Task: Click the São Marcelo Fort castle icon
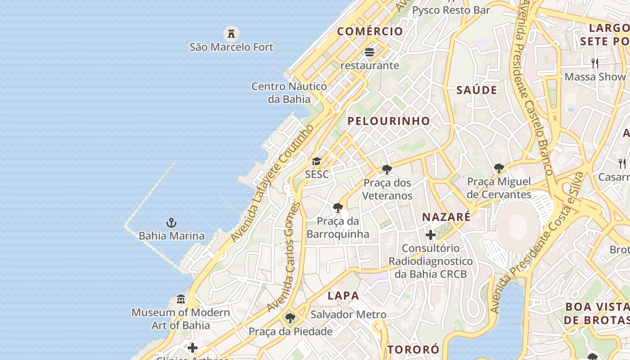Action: point(231,33)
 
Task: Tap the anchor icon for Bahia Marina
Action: point(171,222)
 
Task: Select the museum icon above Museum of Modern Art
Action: point(181,299)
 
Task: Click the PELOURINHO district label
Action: point(389,121)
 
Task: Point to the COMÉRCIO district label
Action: point(370,31)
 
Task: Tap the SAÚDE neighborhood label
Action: point(477,90)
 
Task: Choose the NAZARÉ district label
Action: point(446,217)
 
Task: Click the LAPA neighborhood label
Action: point(343,296)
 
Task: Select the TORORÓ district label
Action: point(413,350)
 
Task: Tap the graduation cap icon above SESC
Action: point(317,161)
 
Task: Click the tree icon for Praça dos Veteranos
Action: point(387,170)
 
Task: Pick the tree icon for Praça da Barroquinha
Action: point(337,208)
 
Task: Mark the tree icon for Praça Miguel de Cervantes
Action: point(499,168)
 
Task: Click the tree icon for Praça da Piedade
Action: point(290,318)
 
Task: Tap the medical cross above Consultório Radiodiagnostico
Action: point(431,234)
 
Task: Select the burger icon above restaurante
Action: point(369,52)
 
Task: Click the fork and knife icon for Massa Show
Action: point(595,63)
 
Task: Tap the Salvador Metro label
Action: point(348,315)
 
